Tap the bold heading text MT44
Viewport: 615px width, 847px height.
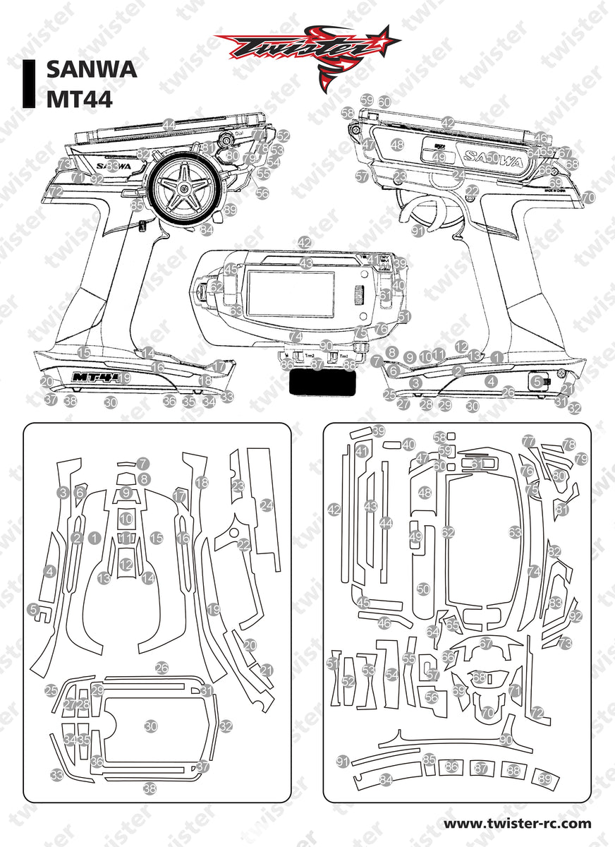(x=79, y=98)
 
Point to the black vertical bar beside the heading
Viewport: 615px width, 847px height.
(x=29, y=84)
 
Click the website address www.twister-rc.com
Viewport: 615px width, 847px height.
(x=517, y=823)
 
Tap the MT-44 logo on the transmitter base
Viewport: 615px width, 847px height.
(x=96, y=377)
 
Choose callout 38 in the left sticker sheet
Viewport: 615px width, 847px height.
(x=150, y=788)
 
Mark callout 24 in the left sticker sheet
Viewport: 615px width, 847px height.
(x=266, y=505)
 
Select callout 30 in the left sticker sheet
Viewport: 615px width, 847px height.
(x=150, y=726)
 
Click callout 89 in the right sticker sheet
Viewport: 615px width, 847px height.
(x=544, y=778)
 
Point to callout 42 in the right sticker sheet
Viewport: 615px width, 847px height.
(x=334, y=509)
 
